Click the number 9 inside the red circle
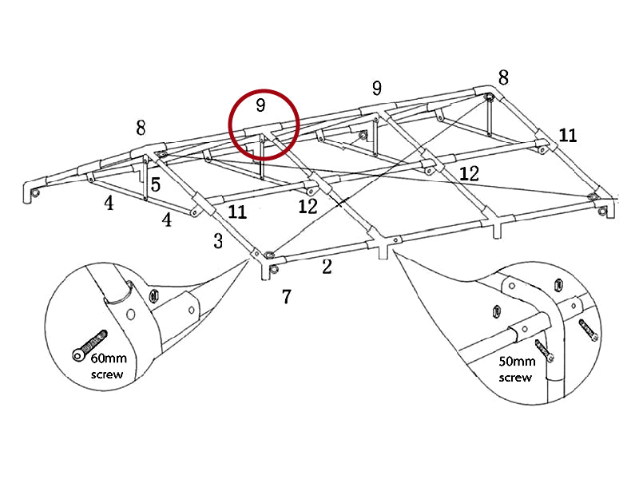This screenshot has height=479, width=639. [260, 105]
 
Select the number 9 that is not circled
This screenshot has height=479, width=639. [376, 88]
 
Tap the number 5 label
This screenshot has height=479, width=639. [156, 184]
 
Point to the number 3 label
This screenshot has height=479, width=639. [218, 240]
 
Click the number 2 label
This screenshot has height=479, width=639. [327, 267]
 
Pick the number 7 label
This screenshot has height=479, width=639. [286, 297]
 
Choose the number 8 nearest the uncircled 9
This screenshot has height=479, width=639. [502, 77]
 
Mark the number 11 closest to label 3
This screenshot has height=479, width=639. [237, 212]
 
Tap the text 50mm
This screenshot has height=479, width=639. [517, 361]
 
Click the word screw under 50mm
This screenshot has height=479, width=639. [515, 377]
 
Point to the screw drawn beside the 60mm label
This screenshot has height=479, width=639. [89, 344]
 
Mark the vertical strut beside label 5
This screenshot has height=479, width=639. [145, 180]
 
